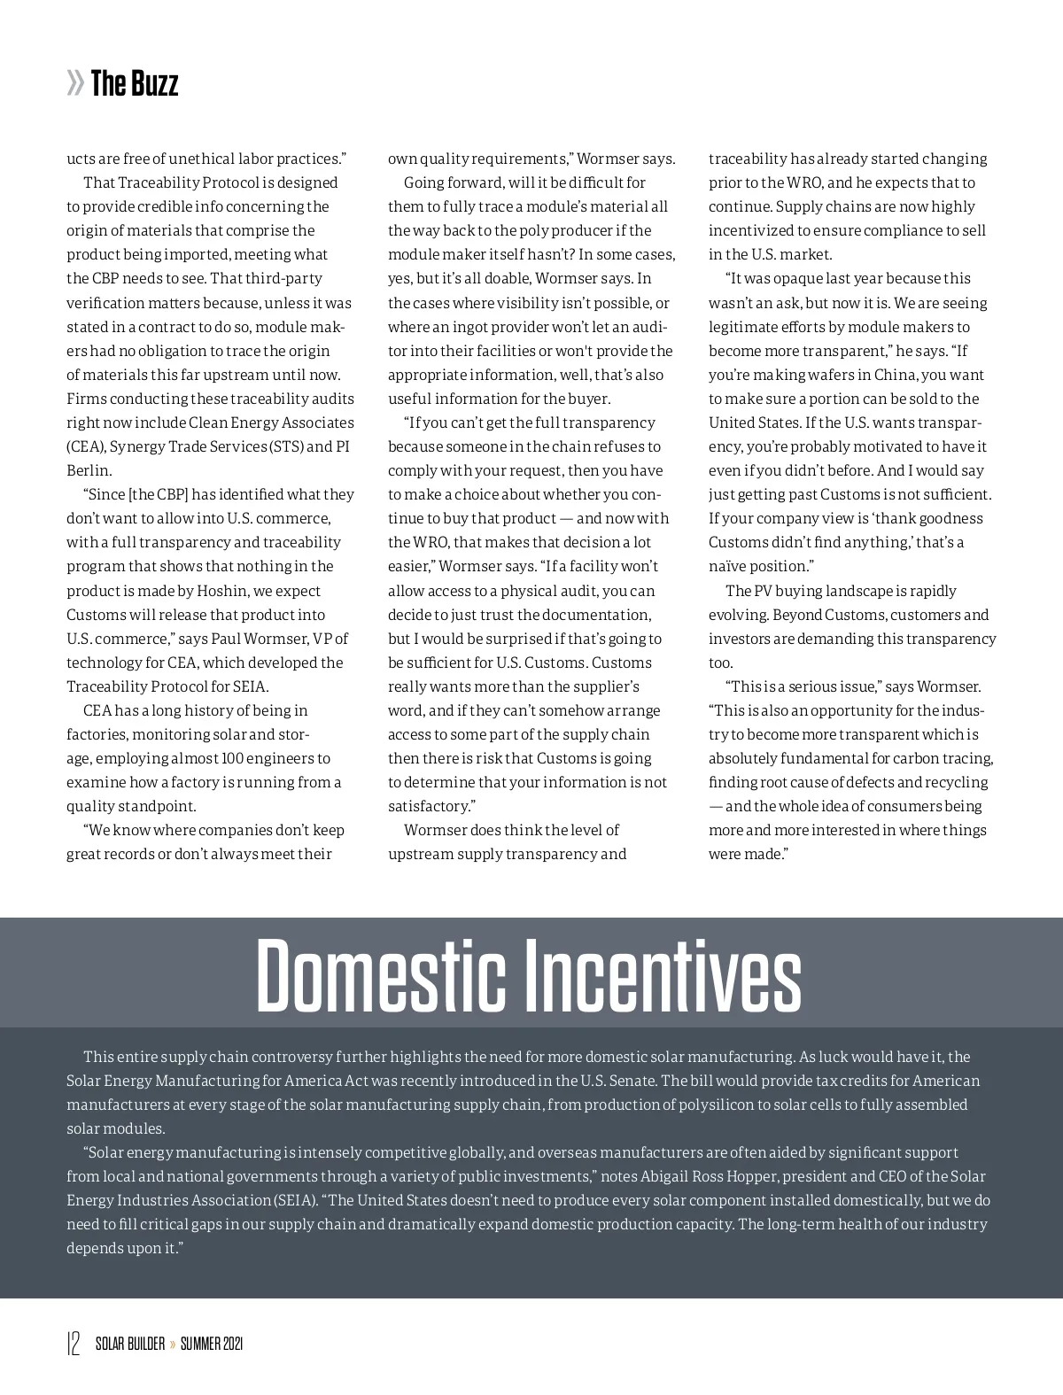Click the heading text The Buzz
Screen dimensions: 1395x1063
(135, 84)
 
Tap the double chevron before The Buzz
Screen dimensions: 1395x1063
(75, 84)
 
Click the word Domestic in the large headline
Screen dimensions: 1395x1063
(381, 977)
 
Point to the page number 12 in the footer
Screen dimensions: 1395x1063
(74, 1344)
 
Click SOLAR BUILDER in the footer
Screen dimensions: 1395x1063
(130, 1345)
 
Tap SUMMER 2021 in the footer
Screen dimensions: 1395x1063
(212, 1345)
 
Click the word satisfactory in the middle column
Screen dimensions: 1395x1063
(428, 806)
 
